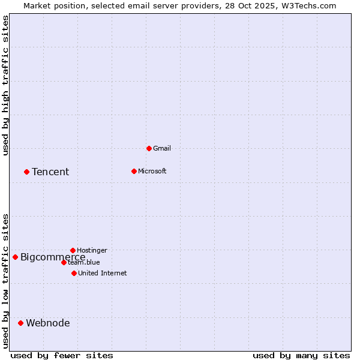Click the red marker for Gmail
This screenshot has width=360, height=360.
(x=149, y=148)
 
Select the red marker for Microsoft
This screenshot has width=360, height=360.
(x=134, y=171)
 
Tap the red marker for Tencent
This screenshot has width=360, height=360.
(x=26, y=172)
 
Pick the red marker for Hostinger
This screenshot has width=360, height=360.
(x=73, y=250)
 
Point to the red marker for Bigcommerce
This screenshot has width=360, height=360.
(x=15, y=257)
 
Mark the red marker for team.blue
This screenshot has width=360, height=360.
(x=64, y=262)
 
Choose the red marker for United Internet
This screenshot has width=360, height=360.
(x=74, y=273)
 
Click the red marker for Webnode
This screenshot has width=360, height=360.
(x=20, y=323)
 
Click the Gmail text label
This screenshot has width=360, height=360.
(x=162, y=148)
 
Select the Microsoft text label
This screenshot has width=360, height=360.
(x=152, y=171)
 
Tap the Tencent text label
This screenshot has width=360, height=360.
(x=50, y=172)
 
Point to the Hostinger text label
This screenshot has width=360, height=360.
(x=92, y=250)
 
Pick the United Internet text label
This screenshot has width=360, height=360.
(x=103, y=273)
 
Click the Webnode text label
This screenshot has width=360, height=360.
(x=48, y=323)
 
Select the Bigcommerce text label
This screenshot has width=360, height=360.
(x=53, y=257)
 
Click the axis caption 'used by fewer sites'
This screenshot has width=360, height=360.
(x=62, y=355)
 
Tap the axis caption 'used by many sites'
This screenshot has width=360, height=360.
(x=301, y=355)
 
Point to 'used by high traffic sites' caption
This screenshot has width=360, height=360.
(x=5, y=85)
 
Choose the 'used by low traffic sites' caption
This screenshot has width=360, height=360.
(x=5, y=281)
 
